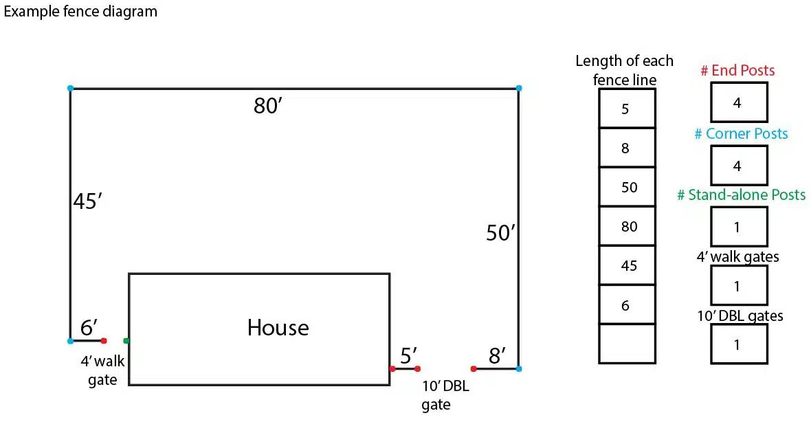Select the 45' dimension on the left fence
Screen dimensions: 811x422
pyautogui.click(x=87, y=203)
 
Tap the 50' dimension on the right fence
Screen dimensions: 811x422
pyautogui.click(x=500, y=234)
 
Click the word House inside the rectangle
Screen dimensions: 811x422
pyautogui.click(x=278, y=328)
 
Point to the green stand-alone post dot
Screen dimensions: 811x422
pyautogui.click(x=126, y=340)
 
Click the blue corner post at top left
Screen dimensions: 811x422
pyautogui.click(x=70, y=89)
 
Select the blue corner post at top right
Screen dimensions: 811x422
pyautogui.click(x=518, y=89)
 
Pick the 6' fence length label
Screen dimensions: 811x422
pyautogui.click(x=89, y=328)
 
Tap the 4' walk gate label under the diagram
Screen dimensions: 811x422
pyautogui.click(x=102, y=370)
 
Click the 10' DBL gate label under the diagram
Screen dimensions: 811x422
pyautogui.click(x=445, y=395)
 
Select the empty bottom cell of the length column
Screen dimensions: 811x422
pyautogui.click(x=627, y=343)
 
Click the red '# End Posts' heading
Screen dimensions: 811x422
pyautogui.click(x=737, y=70)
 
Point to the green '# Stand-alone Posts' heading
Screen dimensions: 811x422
pyautogui.click(x=741, y=195)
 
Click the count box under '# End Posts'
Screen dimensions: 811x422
pyautogui.click(x=738, y=102)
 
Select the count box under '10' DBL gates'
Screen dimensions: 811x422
pyautogui.click(x=738, y=344)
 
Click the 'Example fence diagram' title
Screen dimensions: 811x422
pyautogui.click(x=80, y=12)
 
